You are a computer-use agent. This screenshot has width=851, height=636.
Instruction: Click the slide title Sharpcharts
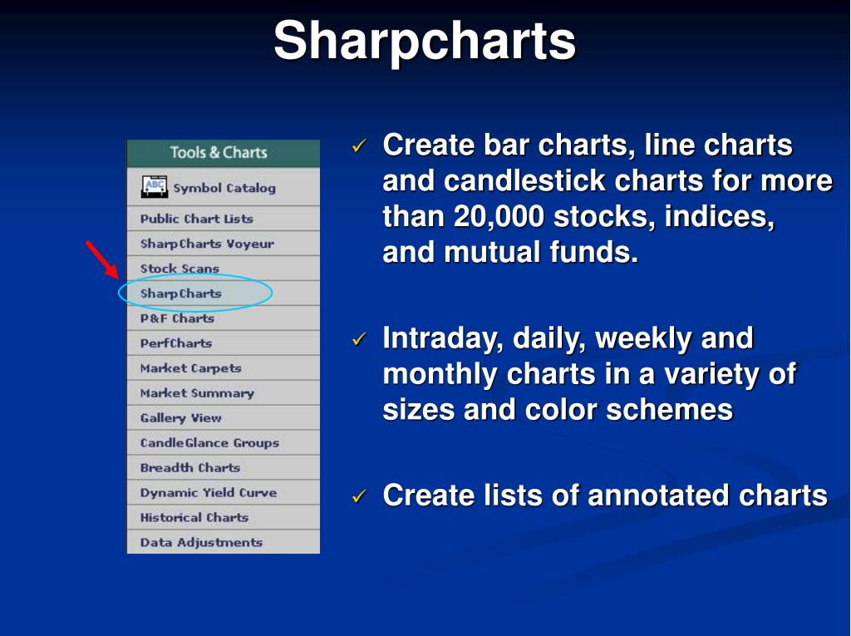click(425, 42)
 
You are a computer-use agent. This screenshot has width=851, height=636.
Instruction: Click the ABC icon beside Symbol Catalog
click(154, 187)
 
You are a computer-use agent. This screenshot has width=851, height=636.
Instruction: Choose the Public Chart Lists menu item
click(196, 219)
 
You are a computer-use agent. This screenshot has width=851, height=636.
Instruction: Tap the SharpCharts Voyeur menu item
click(207, 244)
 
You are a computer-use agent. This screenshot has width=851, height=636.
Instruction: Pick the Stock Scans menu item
click(180, 269)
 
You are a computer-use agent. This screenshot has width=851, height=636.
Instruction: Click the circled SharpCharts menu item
click(180, 293)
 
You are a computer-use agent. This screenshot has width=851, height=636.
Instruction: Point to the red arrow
click(102, 260)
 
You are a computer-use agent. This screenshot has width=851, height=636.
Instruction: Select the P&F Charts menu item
click(177, 318)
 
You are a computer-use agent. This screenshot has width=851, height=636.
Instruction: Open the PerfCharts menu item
click(176, 343)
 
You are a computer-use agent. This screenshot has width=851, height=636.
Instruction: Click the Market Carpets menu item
click(190, 368)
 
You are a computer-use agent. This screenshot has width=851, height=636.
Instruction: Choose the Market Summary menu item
click(197, 393)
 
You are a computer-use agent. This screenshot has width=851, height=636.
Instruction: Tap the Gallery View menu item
click(180, 417)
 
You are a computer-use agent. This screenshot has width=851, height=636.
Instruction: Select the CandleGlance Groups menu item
click(209, 442)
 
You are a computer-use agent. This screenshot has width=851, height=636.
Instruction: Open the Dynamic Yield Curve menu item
click(209, 493)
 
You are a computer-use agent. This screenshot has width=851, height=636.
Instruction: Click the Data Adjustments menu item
click(201, 542)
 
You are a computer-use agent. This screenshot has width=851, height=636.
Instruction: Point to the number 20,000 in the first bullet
click(499, 217)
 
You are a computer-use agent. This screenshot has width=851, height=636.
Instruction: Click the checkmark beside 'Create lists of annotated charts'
click(359, 495)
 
